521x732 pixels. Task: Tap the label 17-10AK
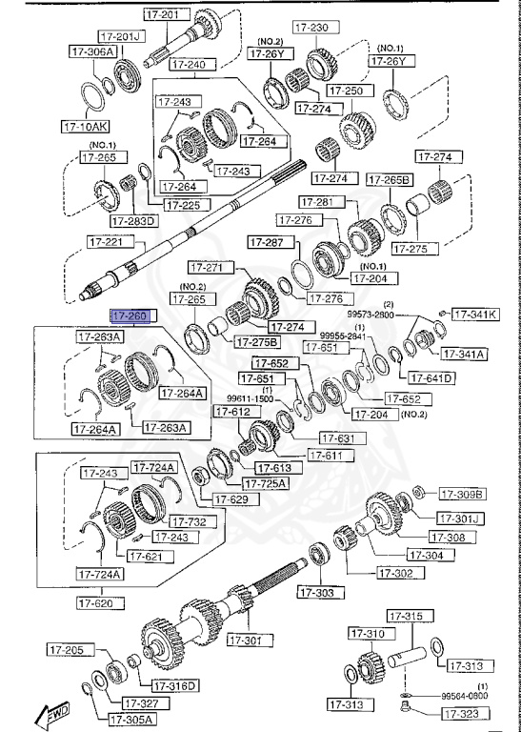(85, 125)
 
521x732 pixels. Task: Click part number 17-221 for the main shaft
(107, 242)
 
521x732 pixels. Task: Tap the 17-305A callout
(130, 719)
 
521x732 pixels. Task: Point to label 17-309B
(462, 494)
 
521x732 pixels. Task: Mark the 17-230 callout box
(311, 28)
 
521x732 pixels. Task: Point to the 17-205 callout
(67, 650)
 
